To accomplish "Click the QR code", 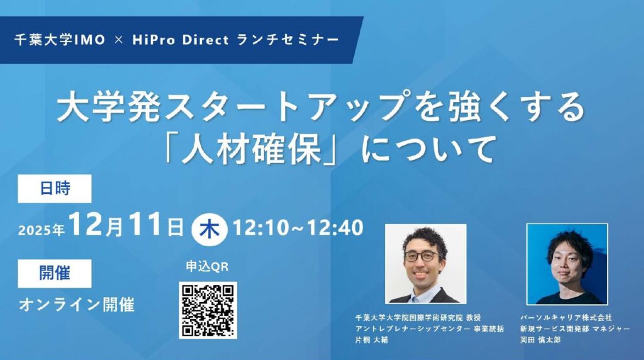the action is (208, 310).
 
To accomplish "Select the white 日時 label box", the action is (55, 189).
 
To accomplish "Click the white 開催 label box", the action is (55, 273).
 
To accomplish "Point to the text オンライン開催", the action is (77, 305).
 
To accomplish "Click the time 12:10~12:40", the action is (298, 228).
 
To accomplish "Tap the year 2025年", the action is (41, 230).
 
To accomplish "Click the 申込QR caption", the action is (207, 267).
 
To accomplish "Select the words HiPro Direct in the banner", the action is (180, 40).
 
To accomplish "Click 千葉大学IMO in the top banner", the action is (60, 40).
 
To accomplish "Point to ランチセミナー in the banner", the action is (288, 40).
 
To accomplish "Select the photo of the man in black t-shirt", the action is (567, 264).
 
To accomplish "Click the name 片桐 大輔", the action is (371, 340).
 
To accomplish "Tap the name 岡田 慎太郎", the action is (540, 340).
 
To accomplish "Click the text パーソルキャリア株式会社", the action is (566, 318).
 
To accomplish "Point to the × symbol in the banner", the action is (119, 40).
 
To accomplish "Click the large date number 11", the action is (144, 225).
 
